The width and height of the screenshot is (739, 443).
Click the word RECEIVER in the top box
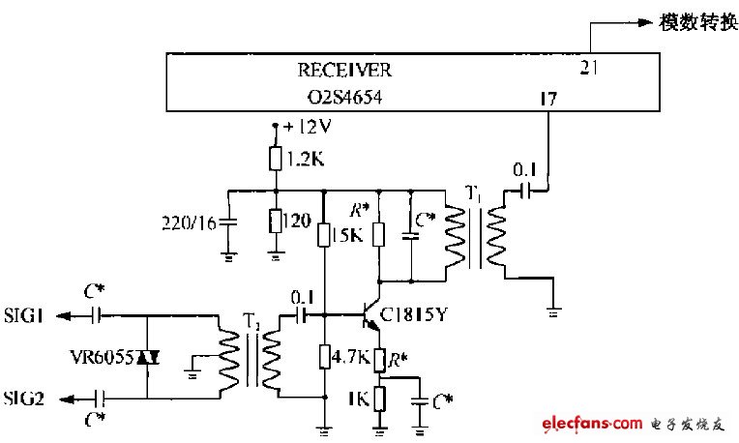pyautogui.click(x=344, y=71)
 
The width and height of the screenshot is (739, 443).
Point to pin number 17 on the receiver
pyautogui.click(x=547, y=98)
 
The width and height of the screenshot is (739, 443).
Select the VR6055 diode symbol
pyautogui.click(x=147, y=357)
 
